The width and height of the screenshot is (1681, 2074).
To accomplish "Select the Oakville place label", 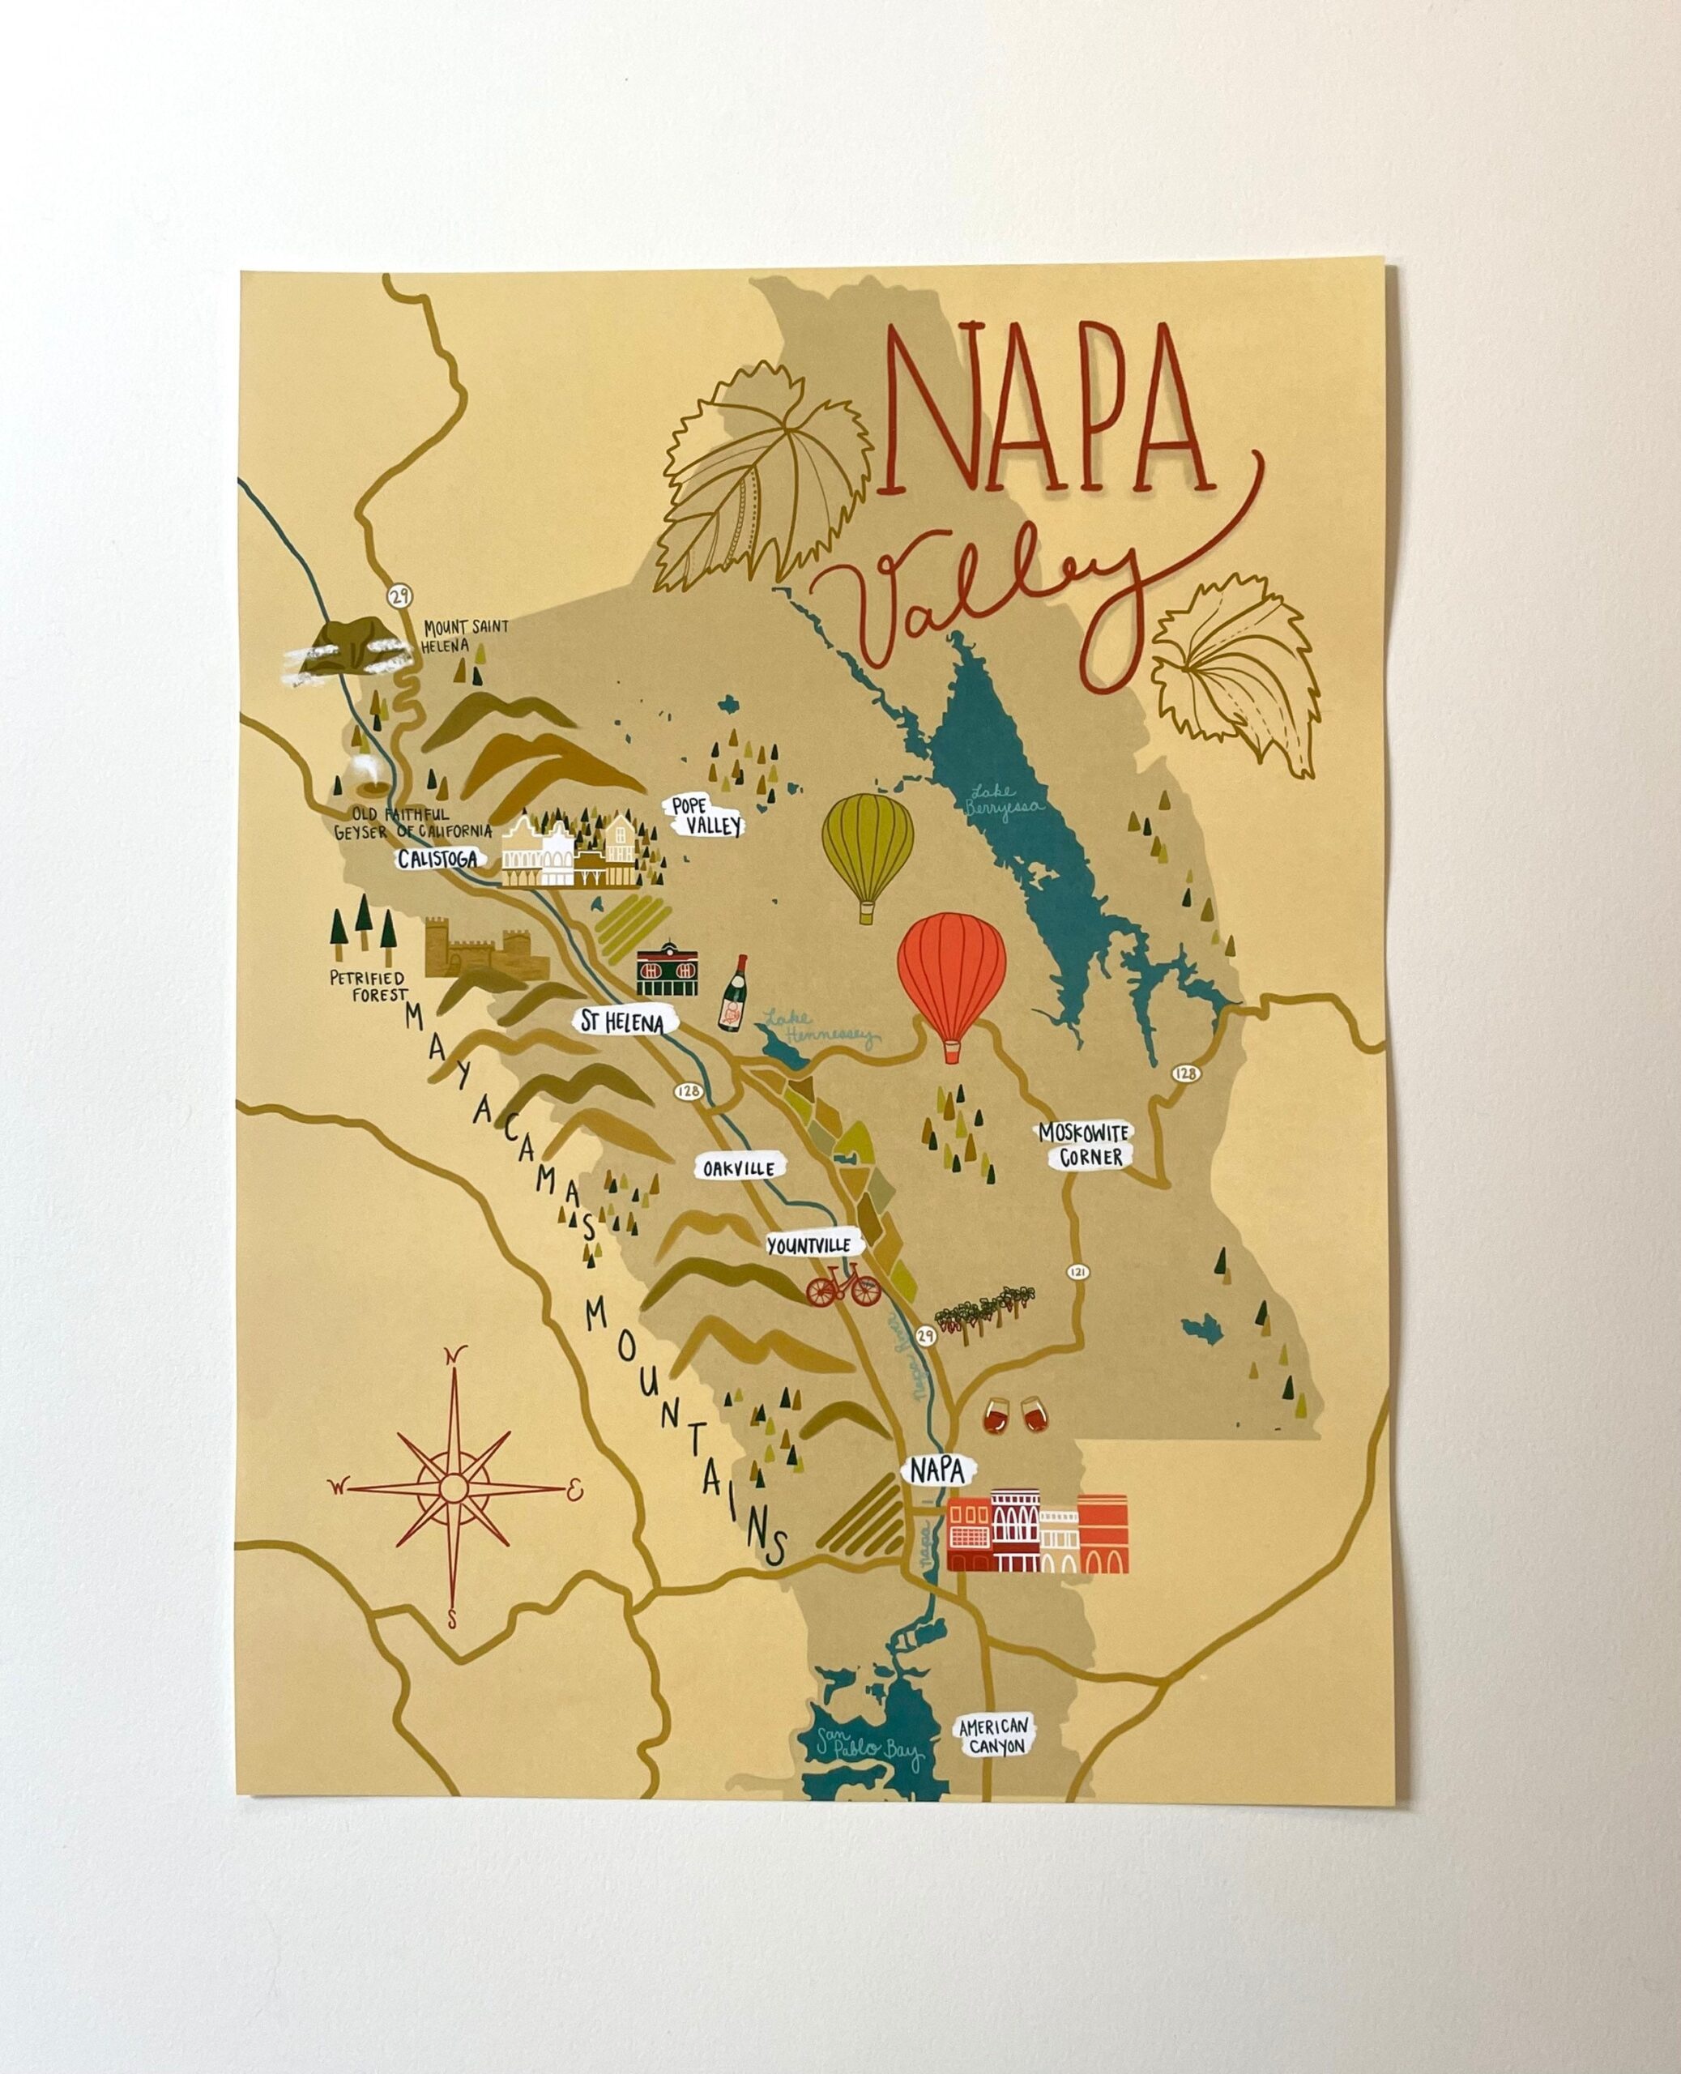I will coord(740,1169).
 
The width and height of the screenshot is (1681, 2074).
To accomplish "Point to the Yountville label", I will coord(808,1245).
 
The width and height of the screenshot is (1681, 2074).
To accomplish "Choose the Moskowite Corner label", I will coord(1085,1143).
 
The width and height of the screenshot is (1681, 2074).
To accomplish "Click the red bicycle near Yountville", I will coord(843,1289).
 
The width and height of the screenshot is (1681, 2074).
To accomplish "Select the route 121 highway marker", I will coord(1076,1271).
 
